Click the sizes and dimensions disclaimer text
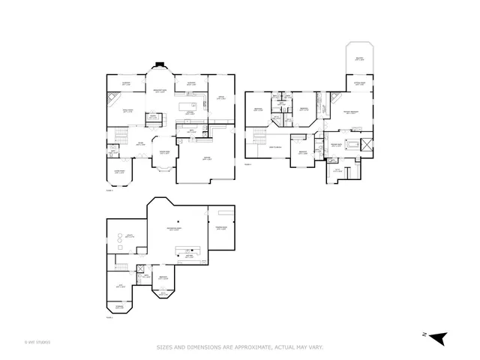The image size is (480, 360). tap(240, 346)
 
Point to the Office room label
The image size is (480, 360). tap(220, 97)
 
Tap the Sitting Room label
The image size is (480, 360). tap(359, 83)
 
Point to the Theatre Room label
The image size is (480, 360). tap(221, 228)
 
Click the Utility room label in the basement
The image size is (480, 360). tap(129, 235)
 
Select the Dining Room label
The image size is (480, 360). tap(164, 152)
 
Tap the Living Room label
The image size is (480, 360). tap(119, 171)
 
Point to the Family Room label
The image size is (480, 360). tap(128, 109)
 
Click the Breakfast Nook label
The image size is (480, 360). tap(160, 90)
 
